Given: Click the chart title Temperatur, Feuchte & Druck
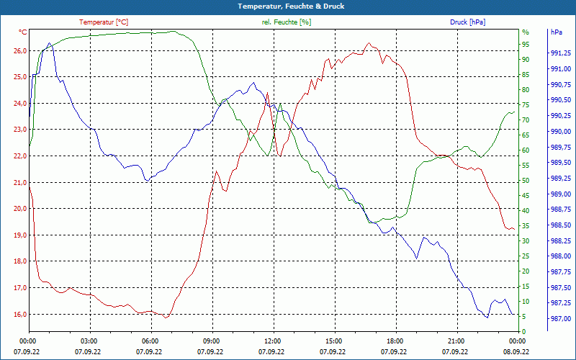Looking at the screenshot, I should coord(288,6).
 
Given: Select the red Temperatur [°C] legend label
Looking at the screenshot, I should coord(104,22).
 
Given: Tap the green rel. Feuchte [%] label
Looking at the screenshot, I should coord(287,22).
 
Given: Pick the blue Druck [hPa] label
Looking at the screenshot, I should coord(467,22).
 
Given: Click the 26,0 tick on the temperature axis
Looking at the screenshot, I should coord(19,51).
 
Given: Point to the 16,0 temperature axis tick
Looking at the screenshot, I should coord(19,315).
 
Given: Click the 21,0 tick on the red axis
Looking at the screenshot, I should coord(19,183).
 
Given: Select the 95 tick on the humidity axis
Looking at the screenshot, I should coord(526,45).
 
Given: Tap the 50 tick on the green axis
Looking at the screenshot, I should coord(526,181).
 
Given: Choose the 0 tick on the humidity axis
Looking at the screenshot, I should coord(524,332).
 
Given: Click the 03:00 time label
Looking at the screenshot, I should coord(89,341).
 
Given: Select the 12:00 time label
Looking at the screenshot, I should coord(272,341).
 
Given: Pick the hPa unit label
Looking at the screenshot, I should coord(557,32).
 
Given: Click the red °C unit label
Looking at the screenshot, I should coord(23,32).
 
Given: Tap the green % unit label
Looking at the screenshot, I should coord(526,32).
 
